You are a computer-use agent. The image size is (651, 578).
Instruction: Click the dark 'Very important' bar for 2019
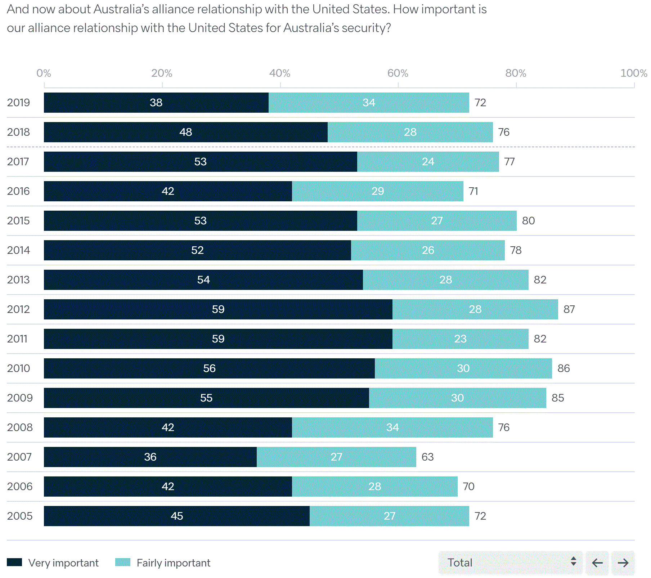[156, 103]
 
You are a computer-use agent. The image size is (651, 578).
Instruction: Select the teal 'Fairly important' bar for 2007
[336, 457]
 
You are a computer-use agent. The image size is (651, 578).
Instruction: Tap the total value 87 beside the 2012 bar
[569, 309]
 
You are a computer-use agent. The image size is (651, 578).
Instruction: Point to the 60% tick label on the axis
[398, 73]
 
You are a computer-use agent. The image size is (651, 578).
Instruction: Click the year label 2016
[18, 191]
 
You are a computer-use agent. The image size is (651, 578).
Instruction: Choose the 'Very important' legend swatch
[14, 562]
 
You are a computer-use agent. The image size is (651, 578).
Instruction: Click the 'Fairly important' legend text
[173, 563]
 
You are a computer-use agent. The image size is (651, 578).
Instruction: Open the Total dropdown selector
[510, 563]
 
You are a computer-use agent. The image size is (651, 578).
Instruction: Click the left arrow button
[597, 563]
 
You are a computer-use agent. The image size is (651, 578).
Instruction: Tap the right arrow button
[623, 563]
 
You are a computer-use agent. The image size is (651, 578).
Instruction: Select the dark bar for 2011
[218, 339]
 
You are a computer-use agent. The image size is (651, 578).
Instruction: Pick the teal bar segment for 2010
[463, 368]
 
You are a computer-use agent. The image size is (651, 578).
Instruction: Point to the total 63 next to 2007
[427, 457]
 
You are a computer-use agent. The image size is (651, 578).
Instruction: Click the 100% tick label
[633, 73]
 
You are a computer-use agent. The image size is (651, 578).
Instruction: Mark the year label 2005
[20, 516]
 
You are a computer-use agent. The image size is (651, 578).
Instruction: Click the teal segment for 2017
[428, 162]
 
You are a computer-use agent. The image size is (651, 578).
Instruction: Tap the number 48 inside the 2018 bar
[185, 132]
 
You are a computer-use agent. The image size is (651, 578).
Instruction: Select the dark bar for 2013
[203, 280]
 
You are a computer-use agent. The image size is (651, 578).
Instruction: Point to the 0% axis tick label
[44, 73]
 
